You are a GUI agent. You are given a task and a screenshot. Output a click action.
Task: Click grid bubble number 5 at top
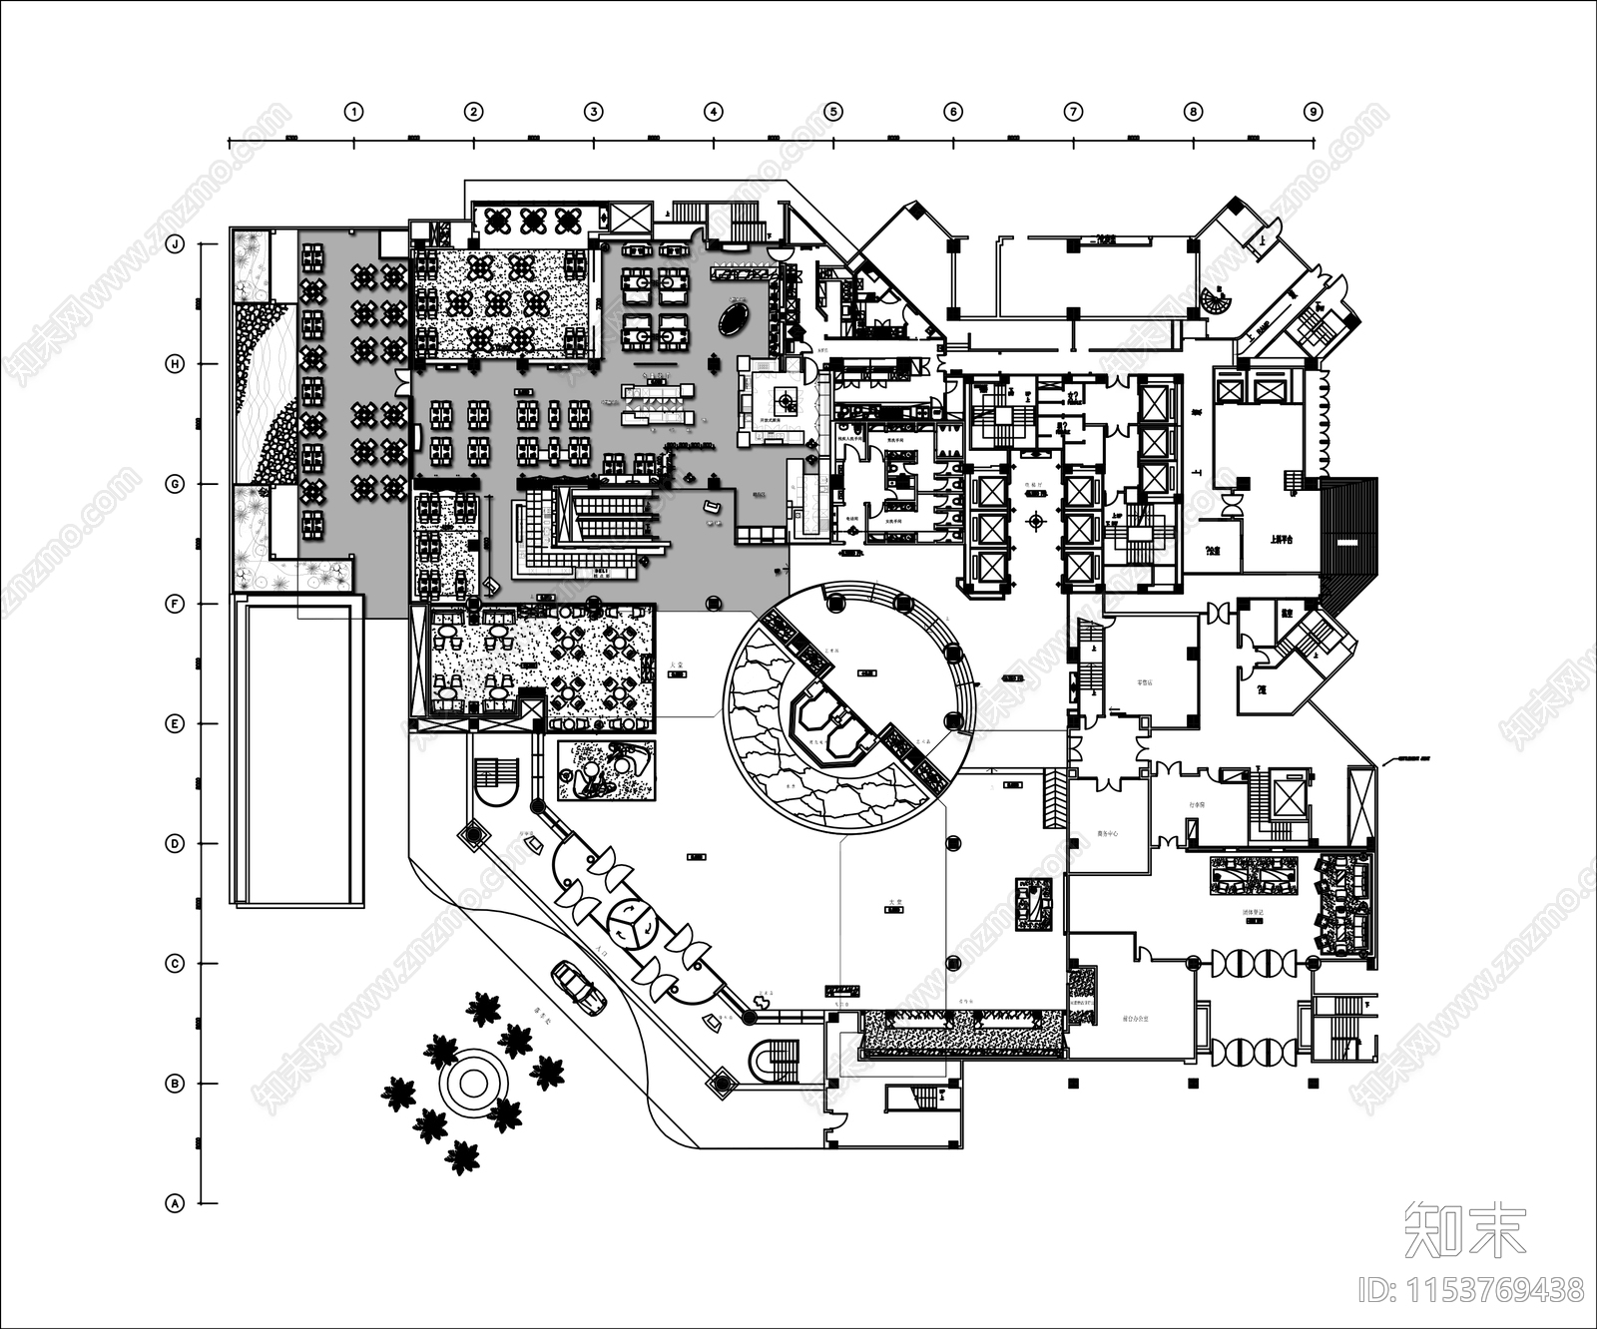[x=833, y=112]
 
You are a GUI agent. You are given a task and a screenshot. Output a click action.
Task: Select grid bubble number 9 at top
[x=1314, y=112]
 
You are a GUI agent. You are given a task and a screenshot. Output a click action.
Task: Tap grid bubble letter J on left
[x=176, y=244]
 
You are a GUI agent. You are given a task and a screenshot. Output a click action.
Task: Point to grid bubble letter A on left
[x=176, y=1203]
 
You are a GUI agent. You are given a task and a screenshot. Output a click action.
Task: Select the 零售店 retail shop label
[x=1145, y=684]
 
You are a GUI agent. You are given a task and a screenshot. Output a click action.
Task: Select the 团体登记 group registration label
[x=1254, y=912]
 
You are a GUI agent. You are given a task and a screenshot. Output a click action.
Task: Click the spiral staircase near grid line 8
[x=1217, y=298]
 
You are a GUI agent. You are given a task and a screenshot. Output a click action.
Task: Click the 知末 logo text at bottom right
[x=1464, y=1230]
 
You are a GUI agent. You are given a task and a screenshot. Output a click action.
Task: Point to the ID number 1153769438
[x=1471, y=1289]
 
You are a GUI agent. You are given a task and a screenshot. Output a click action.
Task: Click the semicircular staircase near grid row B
[x=776, y=1059]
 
